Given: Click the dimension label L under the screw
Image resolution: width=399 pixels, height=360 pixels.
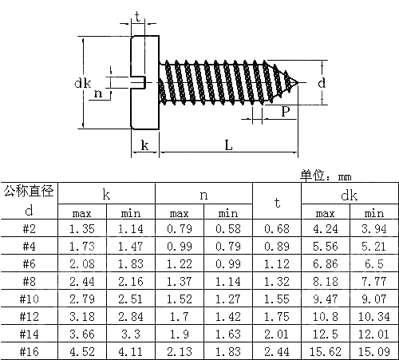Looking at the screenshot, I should pyautogui.click(x=227, y=144).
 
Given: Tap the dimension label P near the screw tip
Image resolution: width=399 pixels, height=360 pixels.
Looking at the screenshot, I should pyautogui.click(x=285, y=113).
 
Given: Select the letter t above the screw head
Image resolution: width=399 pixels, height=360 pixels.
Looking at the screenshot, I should pyautogui.click(x=140, y=17).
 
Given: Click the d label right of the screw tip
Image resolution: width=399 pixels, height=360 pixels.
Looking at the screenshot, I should pyautogui.click(x=321, y=82).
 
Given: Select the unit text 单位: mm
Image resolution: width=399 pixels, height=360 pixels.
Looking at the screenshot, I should pyautogui.click(x=326, y=176).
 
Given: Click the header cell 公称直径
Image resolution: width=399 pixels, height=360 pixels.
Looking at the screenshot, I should pyautogui.click(x=29, y=192).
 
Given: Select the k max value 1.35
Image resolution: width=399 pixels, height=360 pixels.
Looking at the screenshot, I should pyautogui.click(x=82, y=229).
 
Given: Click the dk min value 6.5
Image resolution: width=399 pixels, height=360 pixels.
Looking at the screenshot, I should pyautogui.click(x=373, y=263).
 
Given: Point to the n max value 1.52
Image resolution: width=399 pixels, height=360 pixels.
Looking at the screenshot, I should pyautogui.click(x=180, y=299).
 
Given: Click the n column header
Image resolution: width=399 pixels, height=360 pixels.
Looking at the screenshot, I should pyautogui.click(x=203, y=194).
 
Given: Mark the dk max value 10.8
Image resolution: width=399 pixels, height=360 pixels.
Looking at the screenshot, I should pyautogui.click(x=325, y=316).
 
